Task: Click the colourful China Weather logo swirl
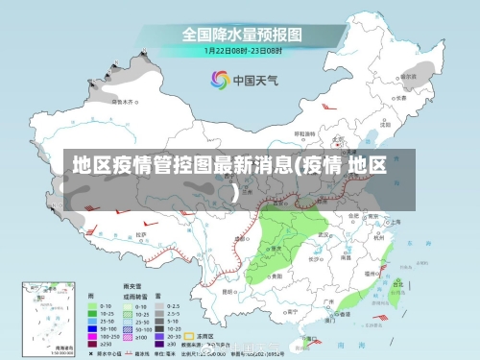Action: tap(219, 80)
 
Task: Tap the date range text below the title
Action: tap(243, 49)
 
